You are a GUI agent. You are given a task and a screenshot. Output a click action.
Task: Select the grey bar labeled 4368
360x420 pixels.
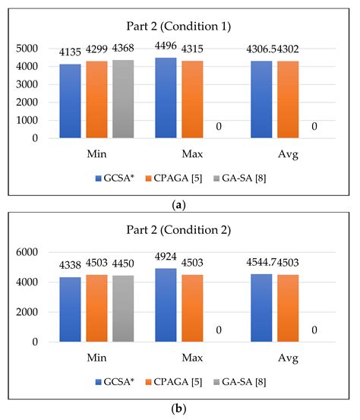123,99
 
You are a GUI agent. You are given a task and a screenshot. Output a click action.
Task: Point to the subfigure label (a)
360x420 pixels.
179,204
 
